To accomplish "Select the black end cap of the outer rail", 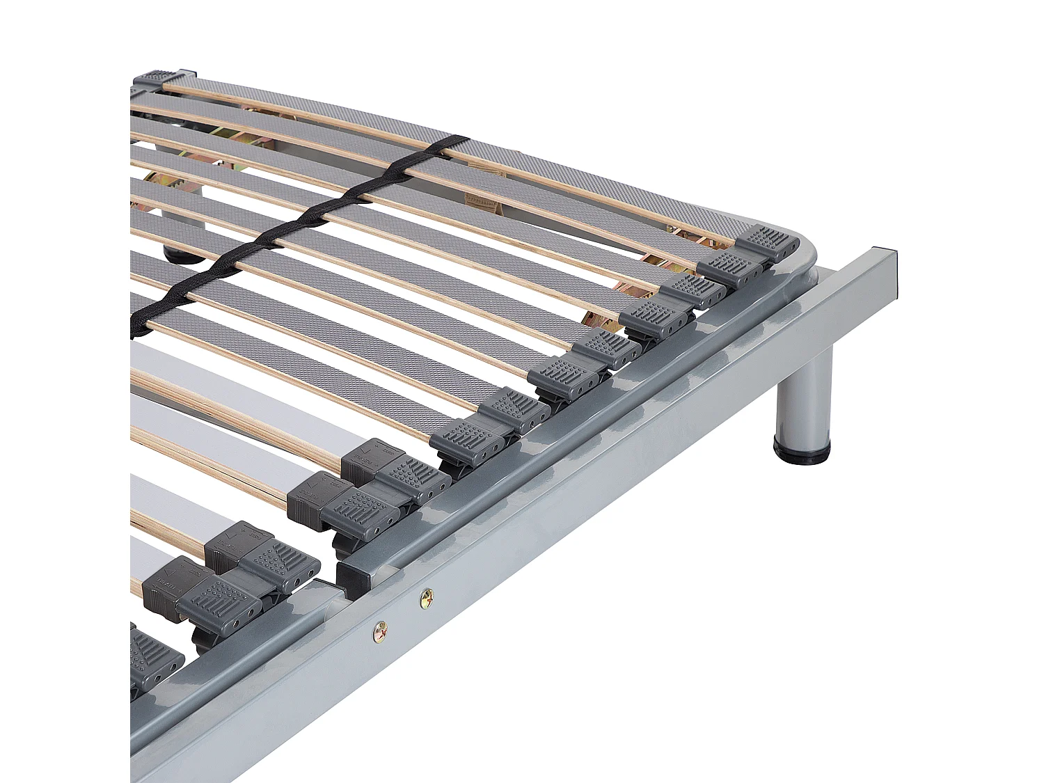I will click(898, 260).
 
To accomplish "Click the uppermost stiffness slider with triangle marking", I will click(369, 456).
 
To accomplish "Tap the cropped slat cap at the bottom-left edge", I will click(153, 658).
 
